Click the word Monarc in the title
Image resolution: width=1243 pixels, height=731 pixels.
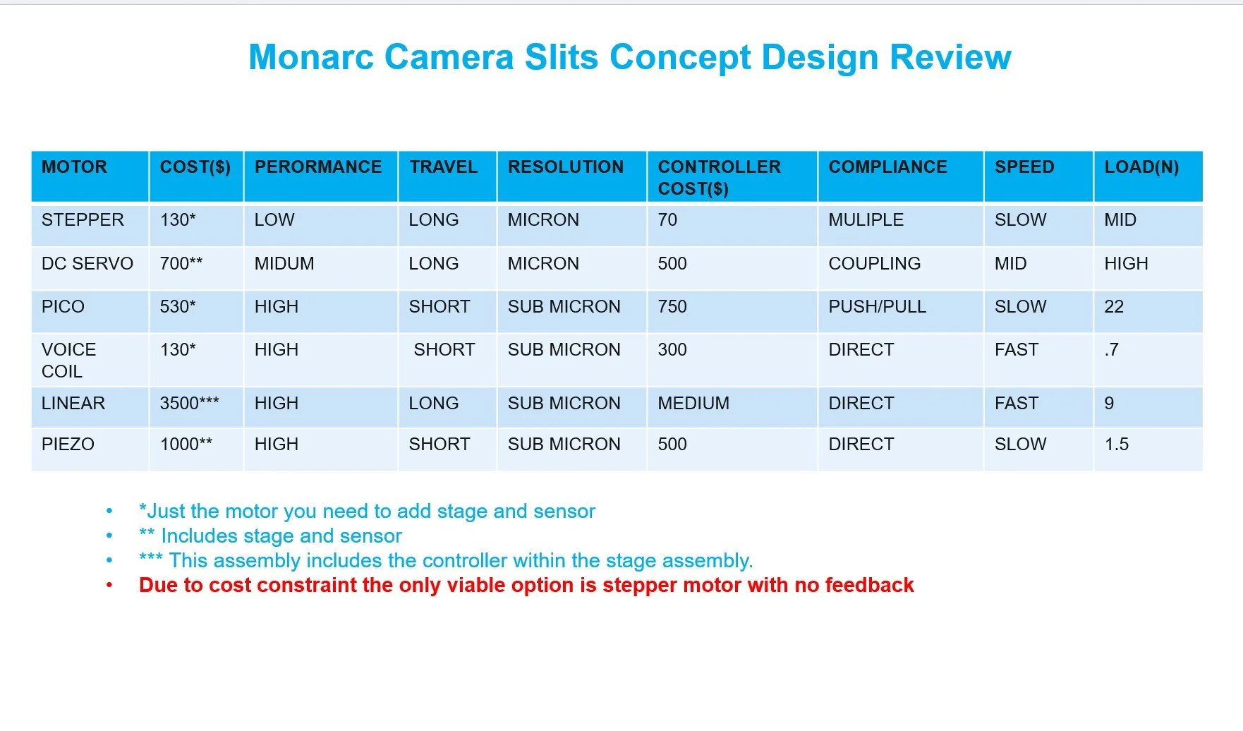(310, 58)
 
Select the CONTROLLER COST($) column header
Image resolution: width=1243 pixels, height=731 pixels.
(719, 177)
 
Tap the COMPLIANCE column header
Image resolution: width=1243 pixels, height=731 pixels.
(887, 167)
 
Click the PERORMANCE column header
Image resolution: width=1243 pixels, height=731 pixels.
(317, 167)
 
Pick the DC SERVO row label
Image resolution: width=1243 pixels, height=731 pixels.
(87, 264)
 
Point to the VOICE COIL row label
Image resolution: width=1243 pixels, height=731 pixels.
(68, 360)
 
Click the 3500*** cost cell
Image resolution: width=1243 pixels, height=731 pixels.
(189, 404)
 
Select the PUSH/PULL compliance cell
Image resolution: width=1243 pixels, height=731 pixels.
(877, 307)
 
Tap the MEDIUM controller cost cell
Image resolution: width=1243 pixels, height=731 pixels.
(693, 404)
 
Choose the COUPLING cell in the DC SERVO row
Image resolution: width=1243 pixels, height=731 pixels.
(874, 264)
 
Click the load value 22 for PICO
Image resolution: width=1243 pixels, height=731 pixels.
(1113, 307)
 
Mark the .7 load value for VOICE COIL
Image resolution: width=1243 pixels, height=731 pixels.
(1111, 350)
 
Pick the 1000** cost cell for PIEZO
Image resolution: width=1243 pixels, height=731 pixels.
(186, 445)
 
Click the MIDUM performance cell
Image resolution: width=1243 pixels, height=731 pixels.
(284, 264)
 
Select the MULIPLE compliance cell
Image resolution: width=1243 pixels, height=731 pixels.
(866, 220)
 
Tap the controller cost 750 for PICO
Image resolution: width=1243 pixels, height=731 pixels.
(672, 307)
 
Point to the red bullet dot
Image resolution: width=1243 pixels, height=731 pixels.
(109, 586)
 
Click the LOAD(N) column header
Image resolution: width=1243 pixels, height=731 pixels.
(1141, 167)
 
